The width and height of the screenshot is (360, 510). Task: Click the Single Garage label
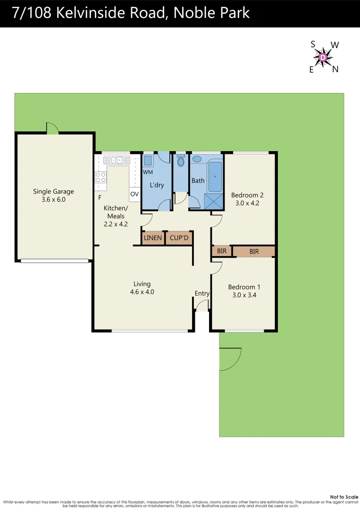coord(53,191)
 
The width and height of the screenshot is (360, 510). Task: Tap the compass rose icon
coord(323,58)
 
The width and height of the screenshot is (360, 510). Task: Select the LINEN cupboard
coord(153,238)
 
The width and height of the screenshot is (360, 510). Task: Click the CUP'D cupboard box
coord(179,238)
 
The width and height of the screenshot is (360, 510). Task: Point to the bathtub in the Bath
coord(215,177)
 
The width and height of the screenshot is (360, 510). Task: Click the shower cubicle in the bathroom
coord(213,201)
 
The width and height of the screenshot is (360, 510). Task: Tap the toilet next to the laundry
coord(180,161)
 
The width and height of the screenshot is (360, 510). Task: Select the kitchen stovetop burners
coord(100,177)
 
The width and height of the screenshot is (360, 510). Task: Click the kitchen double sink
coord(116,160)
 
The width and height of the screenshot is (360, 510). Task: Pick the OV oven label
coord(134,194)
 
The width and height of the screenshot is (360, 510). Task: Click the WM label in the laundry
coord(148,172)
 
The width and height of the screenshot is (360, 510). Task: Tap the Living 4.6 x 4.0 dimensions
coord(142,292)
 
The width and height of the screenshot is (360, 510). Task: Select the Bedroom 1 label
coord(244,287)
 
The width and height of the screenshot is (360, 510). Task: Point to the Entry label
coord(202,293)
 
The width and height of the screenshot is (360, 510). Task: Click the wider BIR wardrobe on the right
coord(254,252)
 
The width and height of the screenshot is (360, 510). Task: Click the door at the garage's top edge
coord(52,128)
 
